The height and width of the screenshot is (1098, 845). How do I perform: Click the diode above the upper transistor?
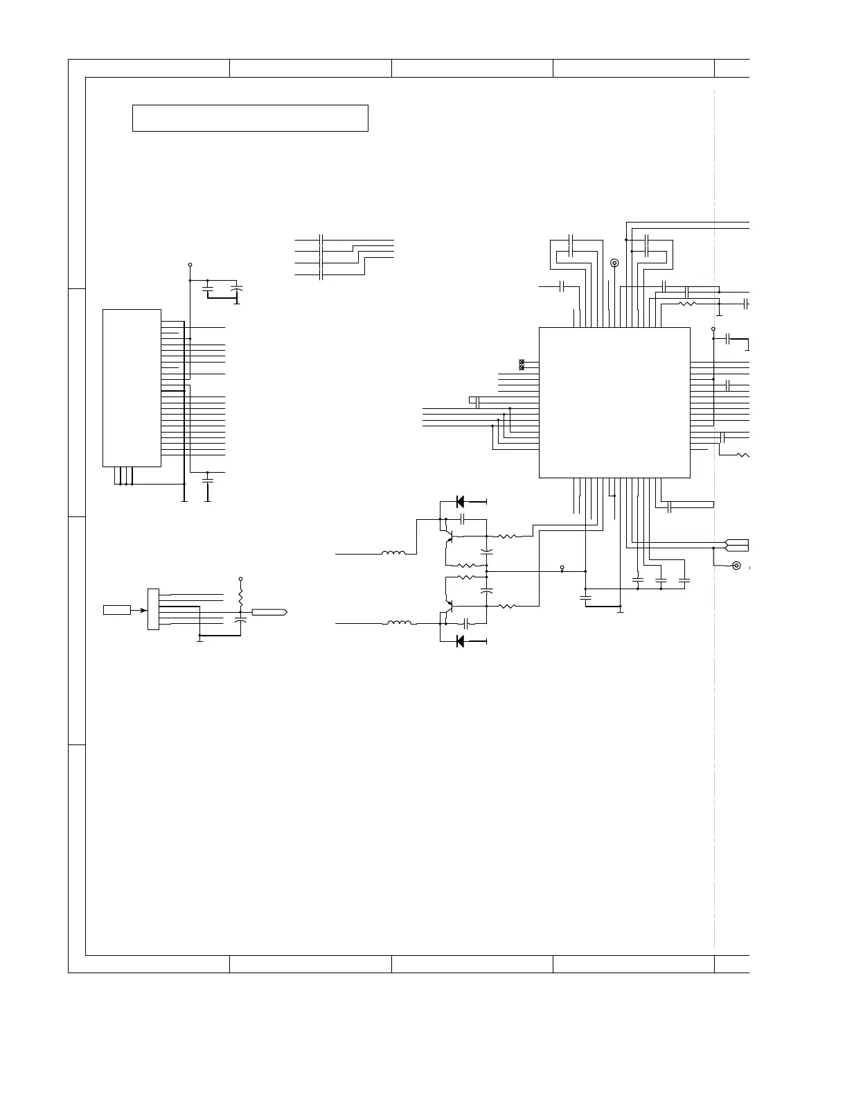coord(461,501)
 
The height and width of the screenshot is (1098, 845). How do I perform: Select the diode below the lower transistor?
coord(461,641)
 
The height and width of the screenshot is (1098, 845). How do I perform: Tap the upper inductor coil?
coord(394,553)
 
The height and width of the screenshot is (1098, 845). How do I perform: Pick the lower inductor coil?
coord(398,623)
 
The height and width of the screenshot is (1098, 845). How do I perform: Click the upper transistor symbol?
coord(449,537)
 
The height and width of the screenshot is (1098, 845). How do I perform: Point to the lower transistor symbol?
coord(449,604)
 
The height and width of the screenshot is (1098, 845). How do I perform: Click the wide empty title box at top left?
coord(249,118)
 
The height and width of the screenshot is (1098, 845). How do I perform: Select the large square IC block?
coord(614,402)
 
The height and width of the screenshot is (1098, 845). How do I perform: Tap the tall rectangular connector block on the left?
coord(132,387)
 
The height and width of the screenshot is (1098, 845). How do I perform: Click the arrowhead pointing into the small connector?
coord(143,610)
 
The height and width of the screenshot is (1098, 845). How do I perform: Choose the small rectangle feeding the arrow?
coord(117,610)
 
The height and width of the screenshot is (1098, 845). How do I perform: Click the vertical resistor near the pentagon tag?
coord(240,596)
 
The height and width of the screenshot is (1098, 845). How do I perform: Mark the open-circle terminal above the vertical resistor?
coord(240,578)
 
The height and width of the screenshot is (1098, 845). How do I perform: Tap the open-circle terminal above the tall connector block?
coord(190,265)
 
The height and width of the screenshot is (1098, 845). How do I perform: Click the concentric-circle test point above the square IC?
coord(614,263)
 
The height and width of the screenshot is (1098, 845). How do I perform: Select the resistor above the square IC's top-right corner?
coord(688,304)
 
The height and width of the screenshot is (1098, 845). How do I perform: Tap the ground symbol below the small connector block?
coord(199,639)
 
